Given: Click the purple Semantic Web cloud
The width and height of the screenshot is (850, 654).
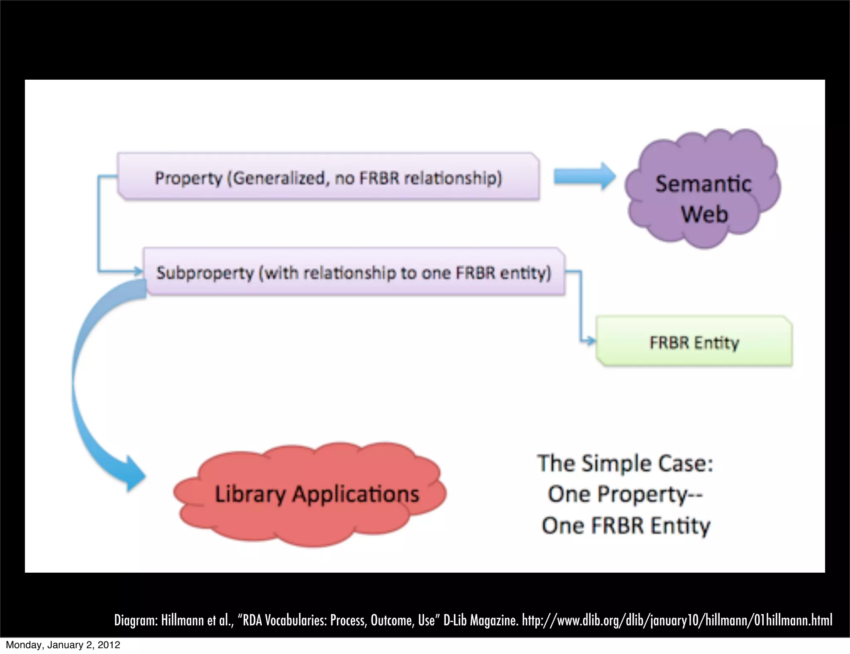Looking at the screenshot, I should (703, 189).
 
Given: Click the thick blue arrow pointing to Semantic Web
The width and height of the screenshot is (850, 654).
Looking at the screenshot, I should (584, 176).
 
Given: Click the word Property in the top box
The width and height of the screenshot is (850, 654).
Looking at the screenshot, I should (188, 178).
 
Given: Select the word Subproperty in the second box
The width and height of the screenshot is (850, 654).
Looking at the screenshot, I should (205, 273).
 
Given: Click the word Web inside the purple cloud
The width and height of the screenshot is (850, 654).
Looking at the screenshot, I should (704, 215).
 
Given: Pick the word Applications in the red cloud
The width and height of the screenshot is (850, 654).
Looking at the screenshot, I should (356, 495).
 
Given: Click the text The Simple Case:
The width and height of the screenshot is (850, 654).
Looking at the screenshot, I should (625, 464).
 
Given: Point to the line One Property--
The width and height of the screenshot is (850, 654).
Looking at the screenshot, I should (625, 495).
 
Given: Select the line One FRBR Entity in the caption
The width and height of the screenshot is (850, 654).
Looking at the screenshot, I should (626, 526).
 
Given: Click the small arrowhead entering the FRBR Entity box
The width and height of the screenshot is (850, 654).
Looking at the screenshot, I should (591, 342).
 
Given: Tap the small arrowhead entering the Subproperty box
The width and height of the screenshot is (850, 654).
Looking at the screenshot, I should (139, 272).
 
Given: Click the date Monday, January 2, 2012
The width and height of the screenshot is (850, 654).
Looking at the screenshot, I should (63, 645).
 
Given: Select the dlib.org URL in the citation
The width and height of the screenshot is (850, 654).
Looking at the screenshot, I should (677, 620).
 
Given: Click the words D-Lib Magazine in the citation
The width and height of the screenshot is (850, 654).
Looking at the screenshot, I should (481, 620).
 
